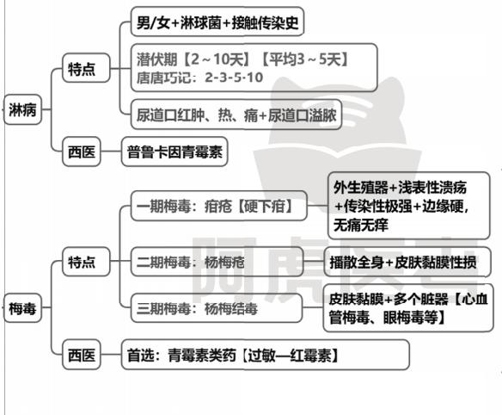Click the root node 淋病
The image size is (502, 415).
(22, 109)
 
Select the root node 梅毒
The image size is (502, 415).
(22, 308)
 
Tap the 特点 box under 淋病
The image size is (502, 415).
(86, 68)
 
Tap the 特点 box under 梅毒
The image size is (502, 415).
(86, 262)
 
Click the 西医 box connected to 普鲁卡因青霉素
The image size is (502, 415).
(82, 152)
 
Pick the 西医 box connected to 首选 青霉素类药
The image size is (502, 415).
(82, 355)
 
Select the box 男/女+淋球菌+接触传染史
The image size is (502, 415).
(217, 22)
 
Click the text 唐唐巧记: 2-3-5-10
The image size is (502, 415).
(199, 77)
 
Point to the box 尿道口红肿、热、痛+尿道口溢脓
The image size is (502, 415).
(236, 115)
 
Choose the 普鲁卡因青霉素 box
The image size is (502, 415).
(174, 152)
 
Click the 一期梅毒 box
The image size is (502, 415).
(219, 206)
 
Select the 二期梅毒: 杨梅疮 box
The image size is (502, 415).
(217, 262)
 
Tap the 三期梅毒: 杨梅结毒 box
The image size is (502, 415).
(217, 308)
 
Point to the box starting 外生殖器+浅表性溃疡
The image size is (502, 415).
(409, 206)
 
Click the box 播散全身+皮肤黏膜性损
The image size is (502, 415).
(407, 262)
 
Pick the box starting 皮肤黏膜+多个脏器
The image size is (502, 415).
(408, 308)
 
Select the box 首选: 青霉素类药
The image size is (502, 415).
(266, 355)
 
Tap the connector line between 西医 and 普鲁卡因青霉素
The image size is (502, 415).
(111, 152)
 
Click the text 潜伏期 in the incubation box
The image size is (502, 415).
(156, 59)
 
